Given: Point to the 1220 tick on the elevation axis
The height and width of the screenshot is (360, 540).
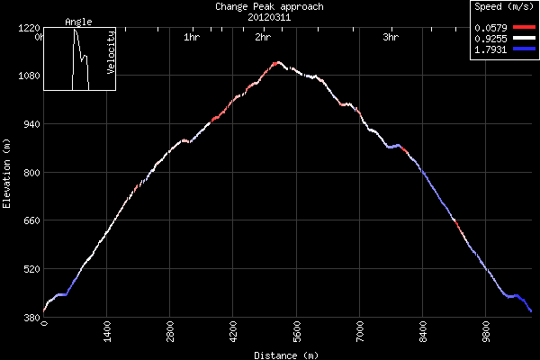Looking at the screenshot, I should (x=27, y=28).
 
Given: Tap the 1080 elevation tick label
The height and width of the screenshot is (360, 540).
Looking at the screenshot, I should (x=27, y=76).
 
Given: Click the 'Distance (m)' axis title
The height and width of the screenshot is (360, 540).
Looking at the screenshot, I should (x=285, y=355).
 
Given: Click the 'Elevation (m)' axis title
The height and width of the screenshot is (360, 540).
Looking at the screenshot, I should (x=7, y=174).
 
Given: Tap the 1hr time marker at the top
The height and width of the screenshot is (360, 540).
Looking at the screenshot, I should (x=191, y=38).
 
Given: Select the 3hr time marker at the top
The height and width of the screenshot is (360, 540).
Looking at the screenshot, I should (x=391, y=38).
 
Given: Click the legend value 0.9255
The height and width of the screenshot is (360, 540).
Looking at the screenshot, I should (x=491, y=39).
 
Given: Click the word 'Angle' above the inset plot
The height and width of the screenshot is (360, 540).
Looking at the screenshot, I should (x=78, y=21).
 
